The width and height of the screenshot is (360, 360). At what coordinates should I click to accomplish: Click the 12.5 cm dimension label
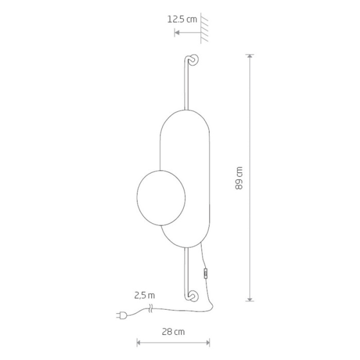182,19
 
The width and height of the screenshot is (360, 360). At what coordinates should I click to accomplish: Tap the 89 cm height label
239,178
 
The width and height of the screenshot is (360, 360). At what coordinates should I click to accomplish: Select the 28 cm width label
173,332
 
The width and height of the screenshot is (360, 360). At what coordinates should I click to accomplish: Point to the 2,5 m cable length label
145,295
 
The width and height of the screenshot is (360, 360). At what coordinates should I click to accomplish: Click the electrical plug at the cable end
121,315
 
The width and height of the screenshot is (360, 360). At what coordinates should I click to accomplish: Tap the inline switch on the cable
206,273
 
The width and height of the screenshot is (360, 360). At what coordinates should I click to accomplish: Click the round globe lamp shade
161,198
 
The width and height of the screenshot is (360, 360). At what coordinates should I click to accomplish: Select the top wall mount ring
194,60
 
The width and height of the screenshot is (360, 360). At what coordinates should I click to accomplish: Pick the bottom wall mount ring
193,296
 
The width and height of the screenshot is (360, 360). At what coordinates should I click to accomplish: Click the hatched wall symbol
204,28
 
